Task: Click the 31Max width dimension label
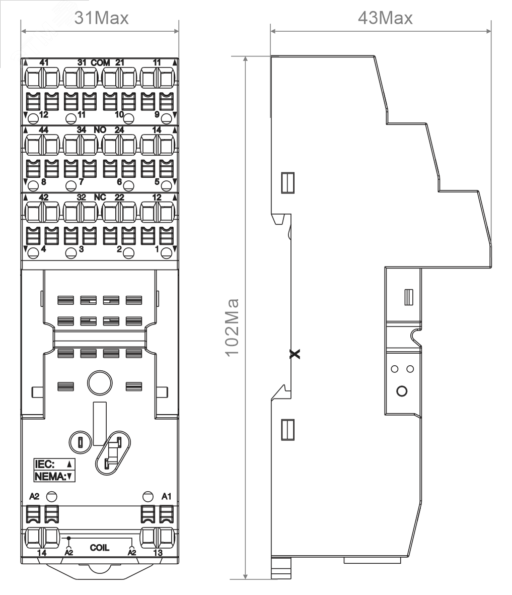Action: click(101, 18)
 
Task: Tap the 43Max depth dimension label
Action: click(385, 18)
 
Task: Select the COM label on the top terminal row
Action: click(101, 62)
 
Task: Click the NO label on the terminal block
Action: click(100, 130)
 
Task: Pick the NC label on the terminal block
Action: click(100, 197)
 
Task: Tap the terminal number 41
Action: click(44, 62)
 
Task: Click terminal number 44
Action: click(44, 130)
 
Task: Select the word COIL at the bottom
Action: click(100, 548)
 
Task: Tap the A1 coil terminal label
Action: click(167, 496)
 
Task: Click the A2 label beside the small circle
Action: click(34, 496)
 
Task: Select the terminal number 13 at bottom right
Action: click(158, 553)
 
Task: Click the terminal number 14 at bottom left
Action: click(42, 553)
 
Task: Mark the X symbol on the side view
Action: click(295, 354)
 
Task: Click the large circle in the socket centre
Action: click(100, 383)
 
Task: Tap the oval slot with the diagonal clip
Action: click(113, 453)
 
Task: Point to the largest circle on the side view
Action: click(402, 391)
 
